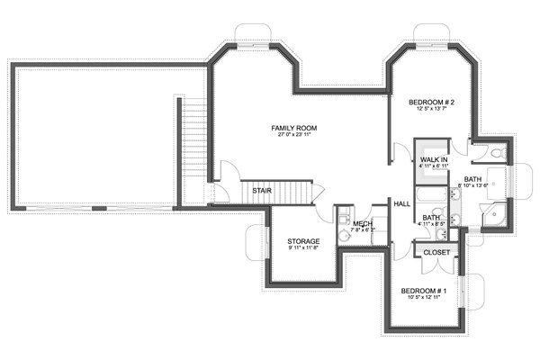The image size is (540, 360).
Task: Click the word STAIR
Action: click(262, 191)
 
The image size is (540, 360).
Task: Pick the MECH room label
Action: click(363, 223)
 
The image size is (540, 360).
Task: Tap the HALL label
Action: click(402, 204)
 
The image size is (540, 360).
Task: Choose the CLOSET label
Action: click(436, 253)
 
